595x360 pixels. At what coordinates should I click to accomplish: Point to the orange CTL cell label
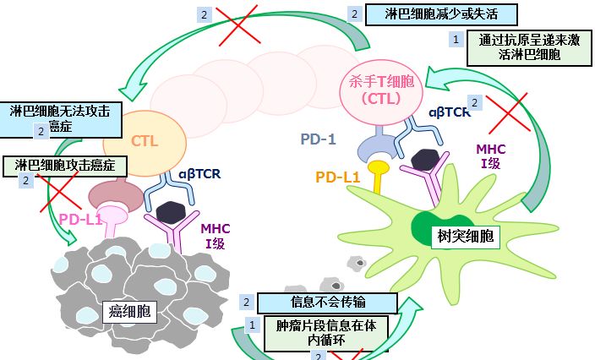(144, 141)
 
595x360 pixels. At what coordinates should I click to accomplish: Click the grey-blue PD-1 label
(319, 139)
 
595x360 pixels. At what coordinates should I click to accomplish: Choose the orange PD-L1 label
(338, 177)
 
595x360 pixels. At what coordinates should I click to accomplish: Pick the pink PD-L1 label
(80, 220)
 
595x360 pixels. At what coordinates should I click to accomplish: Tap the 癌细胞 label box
(130, 311)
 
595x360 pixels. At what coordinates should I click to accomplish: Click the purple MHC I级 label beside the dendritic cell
(491, 155)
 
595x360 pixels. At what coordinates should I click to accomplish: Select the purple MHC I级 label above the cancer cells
(215, 234)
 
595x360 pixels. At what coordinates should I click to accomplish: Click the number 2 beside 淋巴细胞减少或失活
(353, 14)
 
